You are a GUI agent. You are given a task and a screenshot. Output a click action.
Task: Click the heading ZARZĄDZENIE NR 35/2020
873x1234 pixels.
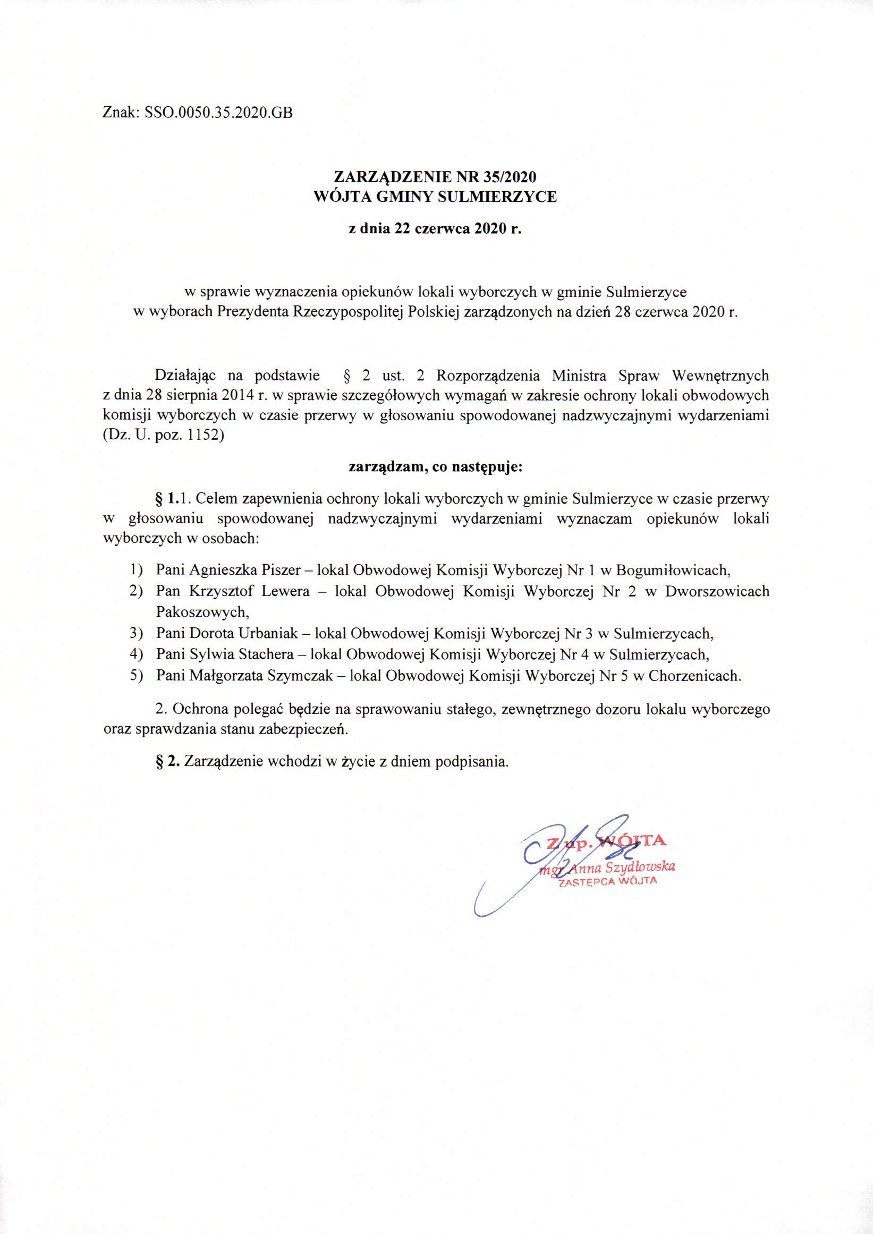435,176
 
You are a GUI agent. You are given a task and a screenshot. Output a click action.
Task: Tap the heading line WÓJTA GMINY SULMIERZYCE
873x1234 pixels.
435,197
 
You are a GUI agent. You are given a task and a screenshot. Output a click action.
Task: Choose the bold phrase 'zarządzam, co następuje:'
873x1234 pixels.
435,466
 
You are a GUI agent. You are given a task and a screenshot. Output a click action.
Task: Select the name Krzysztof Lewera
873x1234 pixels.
249,591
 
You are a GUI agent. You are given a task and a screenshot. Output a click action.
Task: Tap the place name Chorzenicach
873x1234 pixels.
694,676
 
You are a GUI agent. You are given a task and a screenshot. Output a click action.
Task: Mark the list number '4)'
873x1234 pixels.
136,654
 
